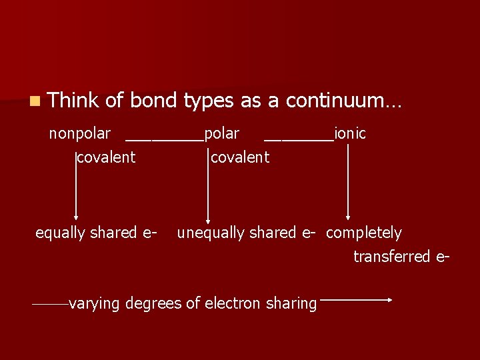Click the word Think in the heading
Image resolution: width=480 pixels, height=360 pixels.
pyautogui.click(x=73, y=101)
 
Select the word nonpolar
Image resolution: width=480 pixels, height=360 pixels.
pyautogui.click(x=79, y=134)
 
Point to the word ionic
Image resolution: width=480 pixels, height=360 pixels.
pyautogui.click(x=350, y=133)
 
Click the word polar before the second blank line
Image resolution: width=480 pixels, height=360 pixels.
pyautogui.click(x=222, y=134)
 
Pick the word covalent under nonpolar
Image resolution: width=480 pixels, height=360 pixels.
pyautogui.click(x=106, y=157)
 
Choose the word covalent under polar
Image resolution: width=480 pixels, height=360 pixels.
pyautogui.click(x=240, y=157)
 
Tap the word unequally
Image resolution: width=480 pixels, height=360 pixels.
pyautogui.click(x=207, y=233)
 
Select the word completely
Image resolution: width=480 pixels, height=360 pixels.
pyautogui.click(x=364, y=233)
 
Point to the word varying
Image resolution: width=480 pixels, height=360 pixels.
pyautogui.click(x=94, y=304)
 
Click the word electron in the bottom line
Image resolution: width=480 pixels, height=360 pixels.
pyautogui.click(x=232, y=304)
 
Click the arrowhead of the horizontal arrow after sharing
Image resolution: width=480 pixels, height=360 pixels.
pyautogui.click(x=390, y=300)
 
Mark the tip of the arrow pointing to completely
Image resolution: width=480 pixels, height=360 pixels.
pyautogui.click(x=347, y=217)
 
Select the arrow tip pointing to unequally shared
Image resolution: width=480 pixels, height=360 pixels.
pyautogui.click(x=209, y=219)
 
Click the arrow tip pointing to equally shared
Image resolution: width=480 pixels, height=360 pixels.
pyautogui.click(x=76, y=217)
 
